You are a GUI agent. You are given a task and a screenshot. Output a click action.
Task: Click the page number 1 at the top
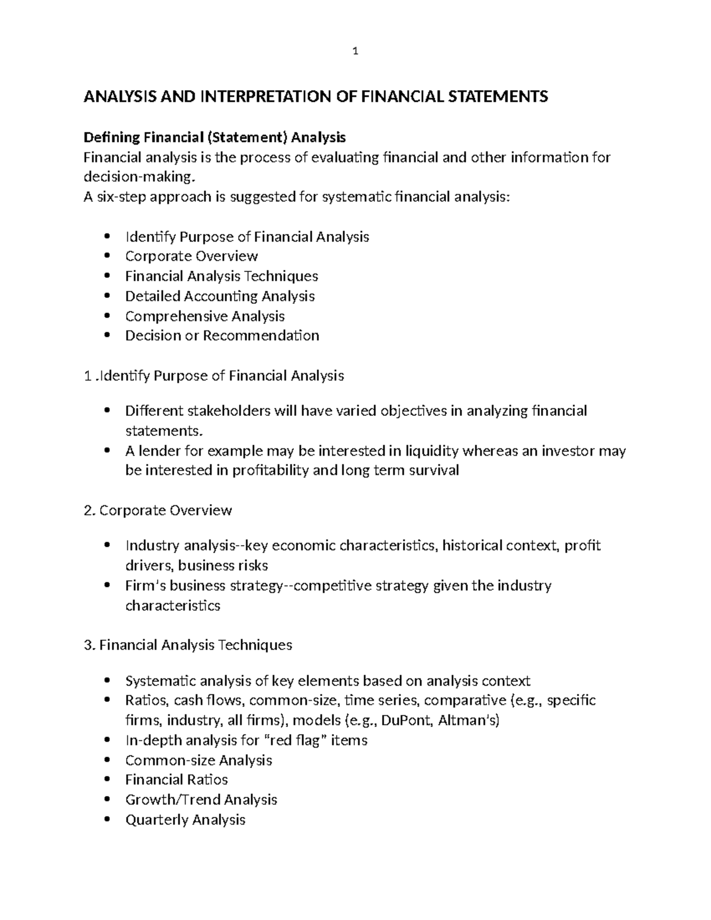pos(355,52)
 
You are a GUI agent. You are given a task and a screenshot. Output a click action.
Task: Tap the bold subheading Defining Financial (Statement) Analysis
pos(214,137)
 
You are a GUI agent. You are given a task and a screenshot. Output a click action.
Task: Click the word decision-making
pos(138,177)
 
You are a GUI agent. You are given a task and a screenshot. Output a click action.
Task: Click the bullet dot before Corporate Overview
pos(107,257)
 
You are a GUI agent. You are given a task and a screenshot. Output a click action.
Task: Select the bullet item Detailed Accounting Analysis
pos(219,296)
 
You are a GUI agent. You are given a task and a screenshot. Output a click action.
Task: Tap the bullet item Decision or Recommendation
pos(222,335)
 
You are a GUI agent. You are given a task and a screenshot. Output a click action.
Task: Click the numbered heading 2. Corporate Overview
pos(158,510)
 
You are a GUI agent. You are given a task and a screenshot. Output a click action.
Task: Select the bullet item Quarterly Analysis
pos(185,819)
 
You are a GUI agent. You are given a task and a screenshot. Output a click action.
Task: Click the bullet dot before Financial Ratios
pos(107,780)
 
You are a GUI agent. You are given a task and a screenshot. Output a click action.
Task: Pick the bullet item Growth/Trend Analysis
pos(201,799)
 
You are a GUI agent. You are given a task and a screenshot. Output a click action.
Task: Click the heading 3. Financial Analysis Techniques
pos(188,645)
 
